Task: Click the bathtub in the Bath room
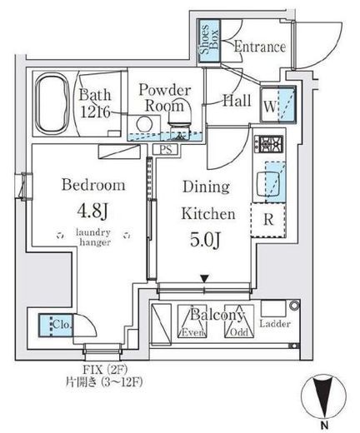tap(52, 103)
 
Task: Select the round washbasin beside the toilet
tap(144, 124)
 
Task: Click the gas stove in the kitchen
tap(269, 144)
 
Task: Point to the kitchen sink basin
tap(268, 184)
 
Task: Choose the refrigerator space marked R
tap(268, 220)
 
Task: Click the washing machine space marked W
tap(277, 105)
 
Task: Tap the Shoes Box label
tap(209, 42)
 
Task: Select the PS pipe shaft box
tap(166, 150)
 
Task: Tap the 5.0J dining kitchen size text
tap(205, 240)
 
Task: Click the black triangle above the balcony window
tap(205, 278)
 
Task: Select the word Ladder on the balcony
tap(275, 324)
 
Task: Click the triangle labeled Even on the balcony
tap(192, 321)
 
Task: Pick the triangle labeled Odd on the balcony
tap(239, 321)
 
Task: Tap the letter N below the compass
tap(324, 425)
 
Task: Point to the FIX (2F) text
tap(105, 370)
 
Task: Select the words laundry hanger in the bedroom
tap(93, 237)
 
